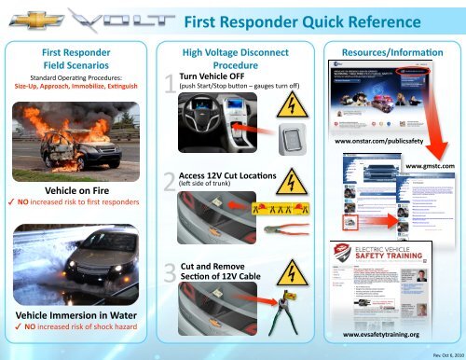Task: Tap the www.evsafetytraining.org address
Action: (x=391, y=332)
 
